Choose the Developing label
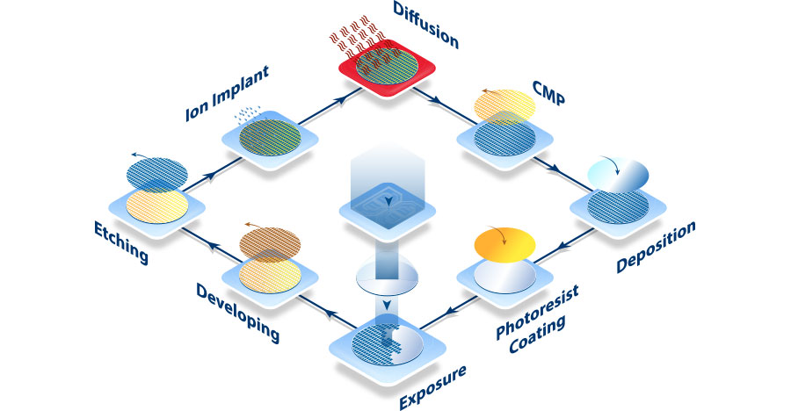pyautogui.click(x=238, y=313)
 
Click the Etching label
pyautogui.click(x=120, y=242)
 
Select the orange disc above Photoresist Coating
pyautogui.click(x=504, y=243)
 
